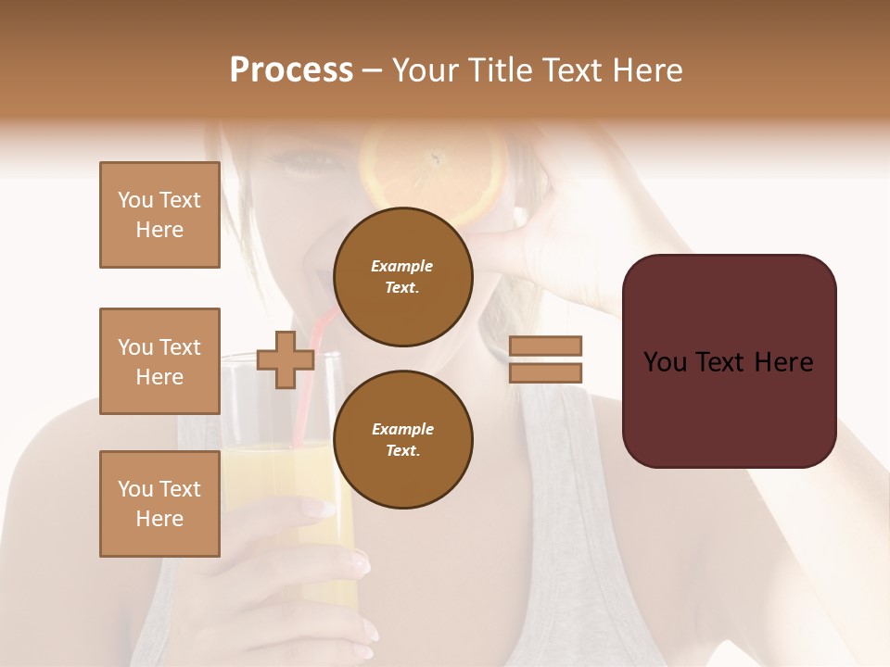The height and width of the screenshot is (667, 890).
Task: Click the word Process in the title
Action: tap(291, 70)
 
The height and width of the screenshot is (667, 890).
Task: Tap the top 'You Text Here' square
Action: tap(159, 215)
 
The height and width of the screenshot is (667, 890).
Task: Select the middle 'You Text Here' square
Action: tap(159, 361)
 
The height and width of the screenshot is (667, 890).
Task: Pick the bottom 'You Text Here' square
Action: tap(159, 504)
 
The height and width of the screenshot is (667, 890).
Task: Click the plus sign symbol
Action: tap(285, 360)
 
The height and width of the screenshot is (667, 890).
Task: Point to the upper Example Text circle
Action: tap(402, 276)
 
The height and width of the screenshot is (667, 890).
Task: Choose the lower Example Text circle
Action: tap(402, 439)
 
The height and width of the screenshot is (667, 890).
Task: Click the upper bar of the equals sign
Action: tap(546, 346)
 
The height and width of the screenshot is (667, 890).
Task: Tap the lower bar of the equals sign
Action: tap(546, 372)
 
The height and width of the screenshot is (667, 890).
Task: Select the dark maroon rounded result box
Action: tap(729, 361)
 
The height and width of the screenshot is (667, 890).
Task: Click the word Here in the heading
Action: tap(648, 70)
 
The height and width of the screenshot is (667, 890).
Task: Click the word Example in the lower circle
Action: tap(402, 429)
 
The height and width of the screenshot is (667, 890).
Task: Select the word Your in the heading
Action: tap(427, 70)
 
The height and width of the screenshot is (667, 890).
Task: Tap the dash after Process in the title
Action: tap(373, 70)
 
